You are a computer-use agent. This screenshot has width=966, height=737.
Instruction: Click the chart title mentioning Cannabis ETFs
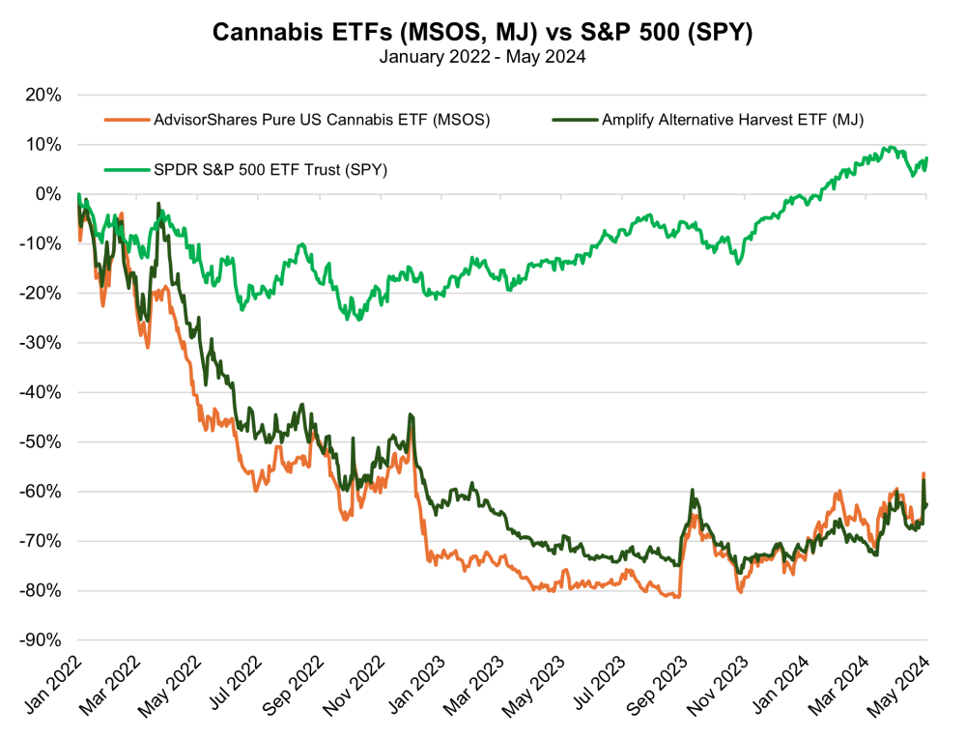coord(482,32)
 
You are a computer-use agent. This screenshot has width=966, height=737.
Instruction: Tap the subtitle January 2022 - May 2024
coord(482,57)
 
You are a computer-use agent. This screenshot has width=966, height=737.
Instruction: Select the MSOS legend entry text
coord(322,120)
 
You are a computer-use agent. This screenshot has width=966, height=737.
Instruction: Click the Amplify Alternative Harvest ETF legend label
coord(732,120)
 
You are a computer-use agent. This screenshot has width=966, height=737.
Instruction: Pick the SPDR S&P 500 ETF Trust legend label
coord(270,169)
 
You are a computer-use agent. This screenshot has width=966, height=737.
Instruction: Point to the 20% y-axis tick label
coord(43,95)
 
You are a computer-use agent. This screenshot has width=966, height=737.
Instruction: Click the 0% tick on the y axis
coord(48,194)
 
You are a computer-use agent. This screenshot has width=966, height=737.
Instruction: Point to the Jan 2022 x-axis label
coord(53,684)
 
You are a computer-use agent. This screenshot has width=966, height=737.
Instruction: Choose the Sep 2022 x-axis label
coord(294,685)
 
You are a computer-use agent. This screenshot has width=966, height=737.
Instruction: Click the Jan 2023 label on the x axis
coord(417,684)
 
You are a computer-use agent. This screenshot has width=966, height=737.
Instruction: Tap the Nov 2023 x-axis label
coord(719,685)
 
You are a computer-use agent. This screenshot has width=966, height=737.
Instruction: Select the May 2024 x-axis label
coord(897,685)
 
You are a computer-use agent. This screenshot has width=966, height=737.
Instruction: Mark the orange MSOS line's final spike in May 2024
coord(923,473)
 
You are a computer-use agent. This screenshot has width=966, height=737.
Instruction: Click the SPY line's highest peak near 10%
coord(889,147)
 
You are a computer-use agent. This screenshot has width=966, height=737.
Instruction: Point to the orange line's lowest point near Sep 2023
coord(678,597)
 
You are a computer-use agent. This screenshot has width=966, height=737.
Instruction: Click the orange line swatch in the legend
coord(127,120)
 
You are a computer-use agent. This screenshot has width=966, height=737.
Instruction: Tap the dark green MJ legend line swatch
coord(575,120)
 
